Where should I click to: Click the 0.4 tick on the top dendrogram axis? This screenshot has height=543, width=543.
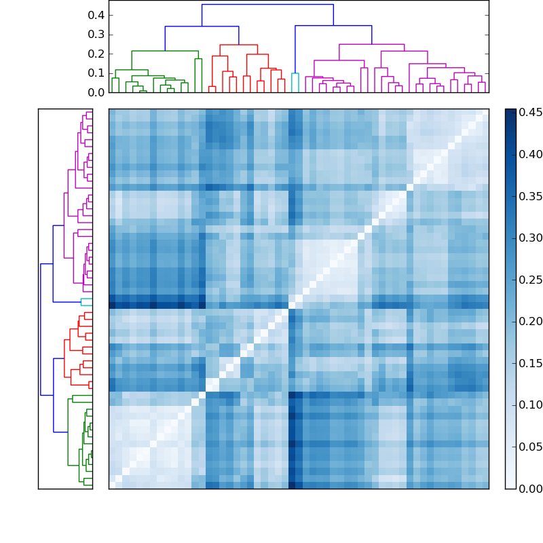96,15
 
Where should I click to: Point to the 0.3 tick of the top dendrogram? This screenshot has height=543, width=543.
96,34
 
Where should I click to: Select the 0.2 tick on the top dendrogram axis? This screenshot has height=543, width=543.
96,54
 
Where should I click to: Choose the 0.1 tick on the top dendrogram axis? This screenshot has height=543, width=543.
96,73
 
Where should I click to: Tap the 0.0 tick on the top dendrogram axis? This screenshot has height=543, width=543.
96,92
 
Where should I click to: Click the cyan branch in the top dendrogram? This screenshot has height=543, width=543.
295,74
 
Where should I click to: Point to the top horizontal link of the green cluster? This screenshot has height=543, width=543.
165,51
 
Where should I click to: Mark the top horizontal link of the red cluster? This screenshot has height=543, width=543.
238,45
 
